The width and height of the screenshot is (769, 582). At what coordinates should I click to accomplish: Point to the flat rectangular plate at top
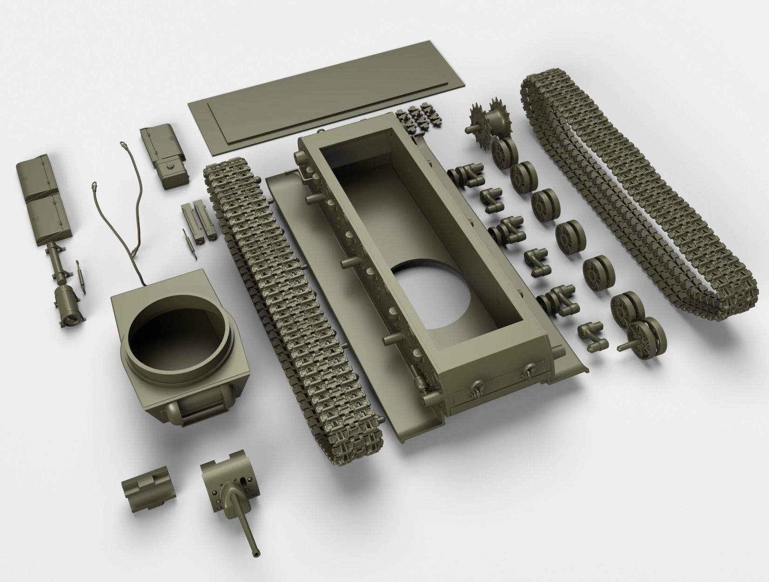coord(326,93)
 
